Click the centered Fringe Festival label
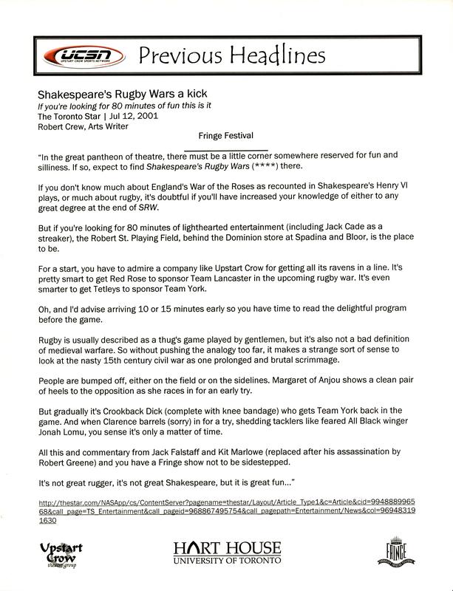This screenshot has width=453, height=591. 226,136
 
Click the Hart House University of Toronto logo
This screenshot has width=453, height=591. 227,552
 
